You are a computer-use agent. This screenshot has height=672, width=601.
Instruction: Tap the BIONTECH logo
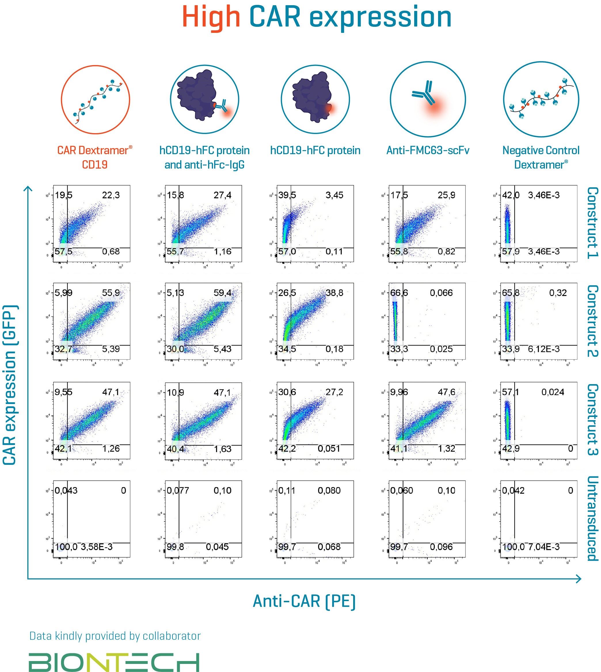click(x=114, y=653)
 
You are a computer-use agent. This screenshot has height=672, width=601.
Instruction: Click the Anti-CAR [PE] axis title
click(x=304, y=601)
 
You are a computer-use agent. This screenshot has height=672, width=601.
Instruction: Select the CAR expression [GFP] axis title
click(x=10, y=385)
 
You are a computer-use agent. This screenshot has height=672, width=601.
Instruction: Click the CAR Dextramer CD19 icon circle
click(x=96, y=99)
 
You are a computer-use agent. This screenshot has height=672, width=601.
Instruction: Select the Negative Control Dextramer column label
click(x=541, y=157)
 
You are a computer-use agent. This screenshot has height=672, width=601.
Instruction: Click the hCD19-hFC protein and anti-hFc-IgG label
click(x=204, y=157)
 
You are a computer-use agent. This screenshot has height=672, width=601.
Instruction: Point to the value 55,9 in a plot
click(x=111, y=292)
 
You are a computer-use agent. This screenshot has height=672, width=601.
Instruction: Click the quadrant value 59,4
click(x=222, y=292)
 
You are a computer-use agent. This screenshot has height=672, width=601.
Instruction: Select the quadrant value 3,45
click(x=334, y=195)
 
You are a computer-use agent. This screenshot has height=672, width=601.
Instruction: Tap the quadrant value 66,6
click(x=399, y=292)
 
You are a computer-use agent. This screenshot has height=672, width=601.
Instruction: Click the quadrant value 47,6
click(x=446, y=392)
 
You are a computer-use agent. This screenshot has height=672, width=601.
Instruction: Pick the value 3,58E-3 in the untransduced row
click(x=96, y=547)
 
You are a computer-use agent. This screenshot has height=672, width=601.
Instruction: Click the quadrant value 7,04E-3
click(x=543, y=547)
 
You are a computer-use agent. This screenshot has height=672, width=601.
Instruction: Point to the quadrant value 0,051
click(x=329, y=449)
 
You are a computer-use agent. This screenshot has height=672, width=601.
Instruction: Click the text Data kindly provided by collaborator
click(x=115, y=636)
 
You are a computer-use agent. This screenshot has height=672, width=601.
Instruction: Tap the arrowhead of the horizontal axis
click(x=578, y=578)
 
